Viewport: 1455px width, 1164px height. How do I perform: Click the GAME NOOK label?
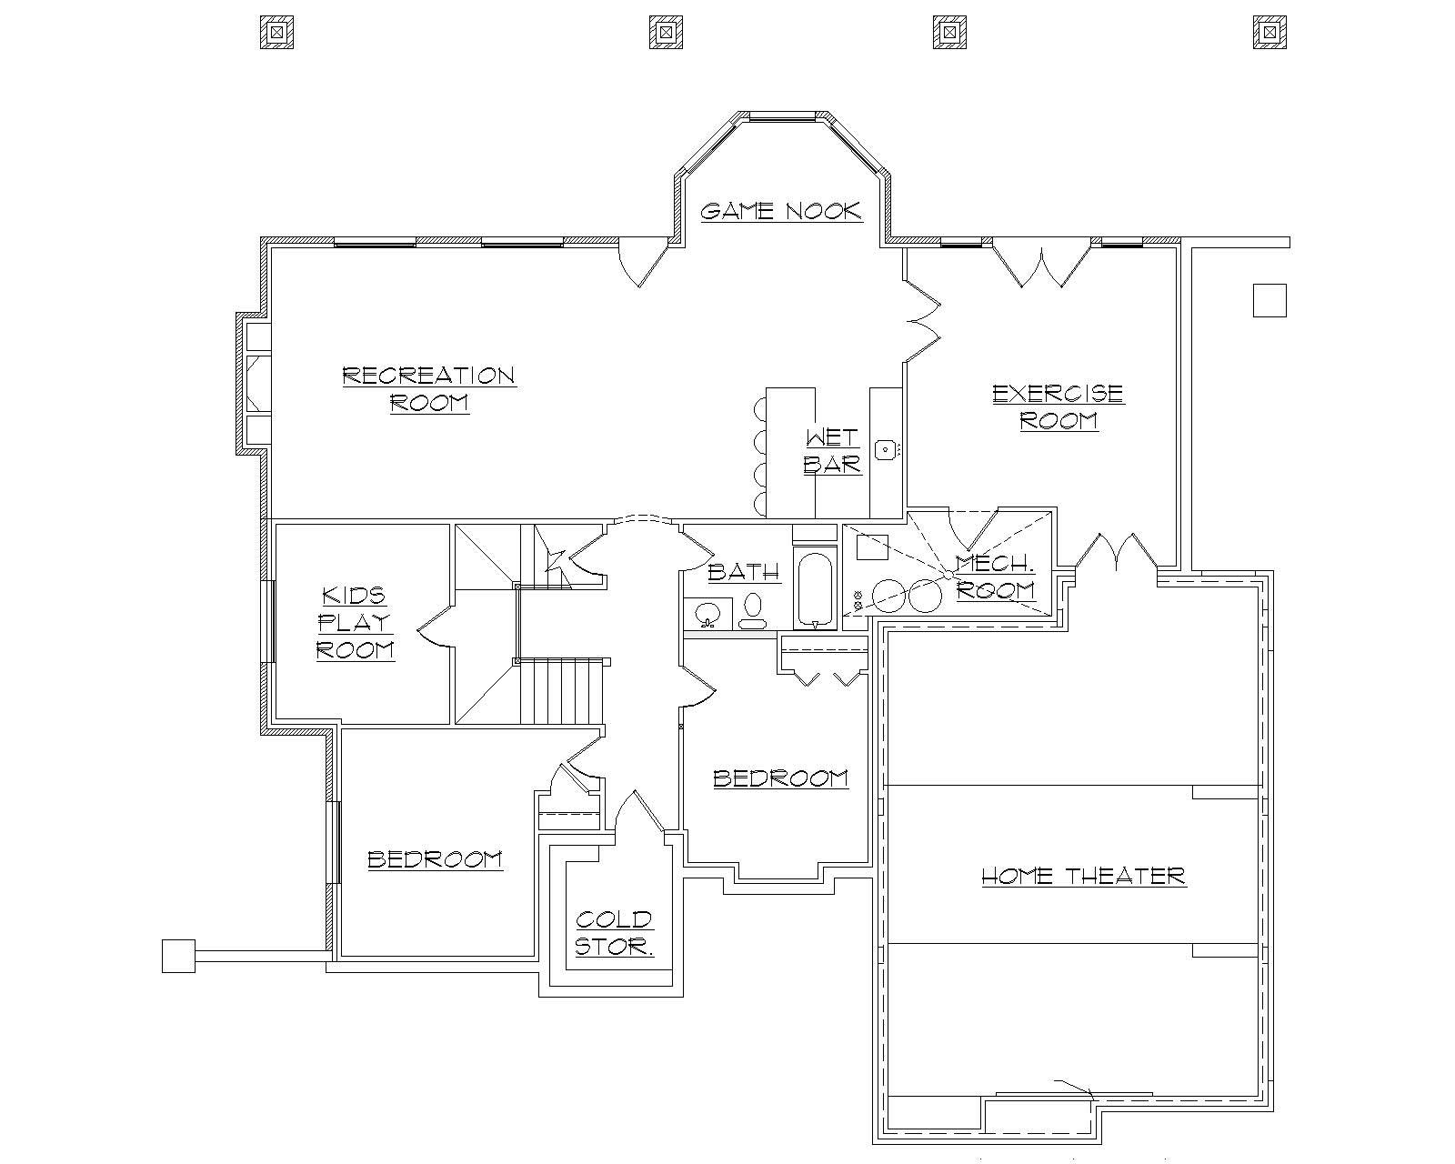(780, 212)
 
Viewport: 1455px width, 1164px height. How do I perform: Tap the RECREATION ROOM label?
(429, 389)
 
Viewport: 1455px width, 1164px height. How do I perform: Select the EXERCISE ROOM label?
(1058, 406)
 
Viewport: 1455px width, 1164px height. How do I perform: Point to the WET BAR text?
(832, 451)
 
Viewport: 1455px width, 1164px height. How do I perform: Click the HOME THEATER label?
(1083, 877)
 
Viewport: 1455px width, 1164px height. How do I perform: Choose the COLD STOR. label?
(614, 933)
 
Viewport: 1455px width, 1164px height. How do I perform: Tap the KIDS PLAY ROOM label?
(355, 623)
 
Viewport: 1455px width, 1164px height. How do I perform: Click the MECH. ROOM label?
(996, 577)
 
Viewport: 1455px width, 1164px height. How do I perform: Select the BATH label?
(743, 572)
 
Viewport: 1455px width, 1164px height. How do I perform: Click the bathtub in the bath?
(815, 589)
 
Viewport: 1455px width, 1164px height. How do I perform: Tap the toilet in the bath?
(753, 611)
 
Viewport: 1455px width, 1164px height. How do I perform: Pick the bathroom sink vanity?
(707, 613)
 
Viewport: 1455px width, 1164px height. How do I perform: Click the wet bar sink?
(885, 449)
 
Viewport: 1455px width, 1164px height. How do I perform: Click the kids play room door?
(435, 627)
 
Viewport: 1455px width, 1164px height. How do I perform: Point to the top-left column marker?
(276, 32)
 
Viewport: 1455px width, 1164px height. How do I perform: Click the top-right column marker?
(1269, 32)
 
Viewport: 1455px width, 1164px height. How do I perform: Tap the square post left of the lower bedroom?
(178, 956)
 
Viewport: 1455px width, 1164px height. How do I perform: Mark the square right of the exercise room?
(1269, 300)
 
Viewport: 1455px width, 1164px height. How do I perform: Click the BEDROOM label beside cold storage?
(435, 859)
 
